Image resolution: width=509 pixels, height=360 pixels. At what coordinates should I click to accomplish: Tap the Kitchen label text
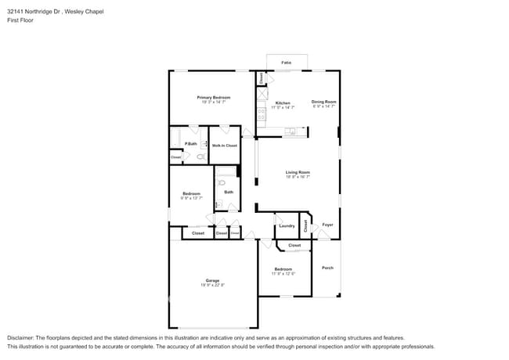click(283, 103)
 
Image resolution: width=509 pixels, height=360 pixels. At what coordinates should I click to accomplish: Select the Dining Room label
click(323, 101)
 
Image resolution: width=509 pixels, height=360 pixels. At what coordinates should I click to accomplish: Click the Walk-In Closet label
click(225, 146)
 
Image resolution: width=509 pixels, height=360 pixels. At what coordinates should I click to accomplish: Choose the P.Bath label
click(190, 144)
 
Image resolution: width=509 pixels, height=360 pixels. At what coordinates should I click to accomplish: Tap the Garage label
click(212, 280)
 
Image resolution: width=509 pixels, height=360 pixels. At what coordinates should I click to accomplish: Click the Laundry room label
click(287, 226)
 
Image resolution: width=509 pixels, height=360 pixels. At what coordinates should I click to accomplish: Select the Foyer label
click(327, 225)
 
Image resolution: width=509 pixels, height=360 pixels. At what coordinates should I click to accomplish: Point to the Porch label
click(327, 268)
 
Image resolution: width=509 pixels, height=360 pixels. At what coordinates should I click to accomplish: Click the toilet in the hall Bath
click(222, 182)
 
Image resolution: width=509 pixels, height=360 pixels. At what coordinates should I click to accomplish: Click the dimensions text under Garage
click(212, 285)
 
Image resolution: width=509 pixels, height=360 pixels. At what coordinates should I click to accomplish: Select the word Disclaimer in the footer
click(22, 338)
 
